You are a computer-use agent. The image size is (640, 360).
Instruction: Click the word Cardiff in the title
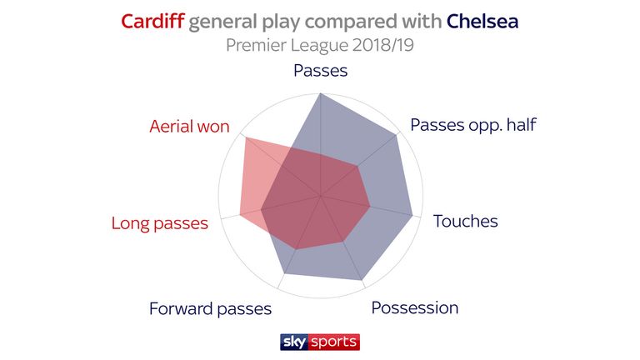tap(152, 21)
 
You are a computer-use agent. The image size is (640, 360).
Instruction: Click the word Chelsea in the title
tap(482, 21)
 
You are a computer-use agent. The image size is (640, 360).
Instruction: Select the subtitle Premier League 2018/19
tap(320, 45)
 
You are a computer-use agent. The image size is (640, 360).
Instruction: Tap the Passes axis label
tap(320, 71)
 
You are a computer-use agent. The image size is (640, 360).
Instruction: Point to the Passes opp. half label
tap(473, 125)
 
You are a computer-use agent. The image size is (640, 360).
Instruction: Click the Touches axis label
tap(465, 221)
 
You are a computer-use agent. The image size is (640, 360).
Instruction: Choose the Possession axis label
tap(415, 307)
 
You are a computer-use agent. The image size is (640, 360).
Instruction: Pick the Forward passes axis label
tap(210, 309)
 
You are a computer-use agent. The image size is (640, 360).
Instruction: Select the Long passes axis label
tap(160, 223)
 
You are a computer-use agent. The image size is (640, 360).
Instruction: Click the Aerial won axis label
tap(189, 127)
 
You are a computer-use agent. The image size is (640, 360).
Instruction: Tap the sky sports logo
tap(320, 342)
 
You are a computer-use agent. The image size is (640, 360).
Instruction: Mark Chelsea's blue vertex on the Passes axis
tap(320, 94)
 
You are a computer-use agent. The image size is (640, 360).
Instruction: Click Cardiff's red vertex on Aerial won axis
tap(246, 138)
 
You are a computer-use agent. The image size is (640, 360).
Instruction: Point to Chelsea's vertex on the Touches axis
tap(412, 215)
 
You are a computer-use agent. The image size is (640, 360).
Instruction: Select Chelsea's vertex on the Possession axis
tap(362, 280)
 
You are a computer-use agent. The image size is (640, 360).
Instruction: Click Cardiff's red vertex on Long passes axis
tap(240, 215)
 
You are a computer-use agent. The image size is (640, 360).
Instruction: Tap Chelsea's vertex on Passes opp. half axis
tap(397, 136)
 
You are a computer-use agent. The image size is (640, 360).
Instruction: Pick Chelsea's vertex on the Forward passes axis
tap(284, 273)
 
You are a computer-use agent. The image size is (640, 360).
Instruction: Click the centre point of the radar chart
tap(320, 196)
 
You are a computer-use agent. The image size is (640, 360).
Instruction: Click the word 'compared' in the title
tap(351, 22)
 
